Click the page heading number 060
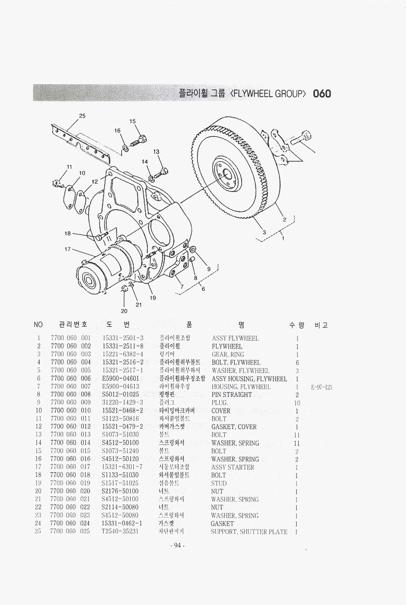pos(322,94)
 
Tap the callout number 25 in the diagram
pos(82,115)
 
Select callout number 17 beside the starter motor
pos(68,249)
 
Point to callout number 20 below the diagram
pos(124,311)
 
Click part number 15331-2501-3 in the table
pos(123,338)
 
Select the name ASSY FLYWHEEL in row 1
pos(235,338)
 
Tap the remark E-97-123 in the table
pos(322,387)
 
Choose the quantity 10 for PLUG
pos(297,403)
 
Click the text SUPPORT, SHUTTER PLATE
pos(249,532)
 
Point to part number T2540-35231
pos(120,532)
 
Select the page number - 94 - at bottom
pos(177,545)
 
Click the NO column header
pos(38,325)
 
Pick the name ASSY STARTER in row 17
pos(233,467)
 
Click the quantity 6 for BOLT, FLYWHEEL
pos(297,362)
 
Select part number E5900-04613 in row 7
pos(121,387)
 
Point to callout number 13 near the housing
pos(156,151)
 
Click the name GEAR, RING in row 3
pos(227,354)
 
